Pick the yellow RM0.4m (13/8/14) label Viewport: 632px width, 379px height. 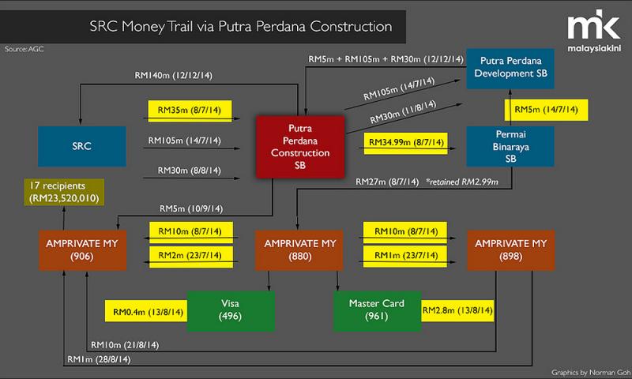coord(146,312)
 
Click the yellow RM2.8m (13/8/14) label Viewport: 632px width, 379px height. coord(458,312)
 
